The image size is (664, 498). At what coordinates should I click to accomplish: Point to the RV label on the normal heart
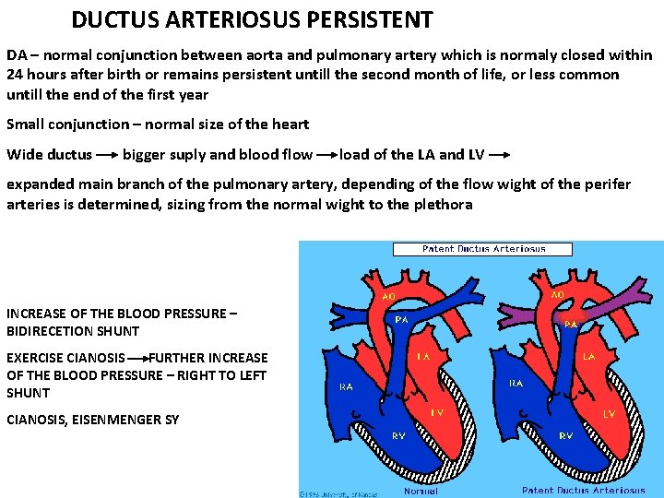[397, 434]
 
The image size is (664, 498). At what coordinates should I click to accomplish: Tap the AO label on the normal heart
[390, 297]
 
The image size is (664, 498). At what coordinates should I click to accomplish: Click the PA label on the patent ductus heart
[571, 324]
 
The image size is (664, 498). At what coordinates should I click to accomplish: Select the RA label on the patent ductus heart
[516, 383]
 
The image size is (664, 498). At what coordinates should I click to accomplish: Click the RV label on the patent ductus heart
[564, 434]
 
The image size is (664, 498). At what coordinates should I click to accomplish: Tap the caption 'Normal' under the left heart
[421, 491]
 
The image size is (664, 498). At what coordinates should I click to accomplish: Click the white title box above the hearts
[483, 249]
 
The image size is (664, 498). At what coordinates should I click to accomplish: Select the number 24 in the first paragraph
[16, 74]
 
